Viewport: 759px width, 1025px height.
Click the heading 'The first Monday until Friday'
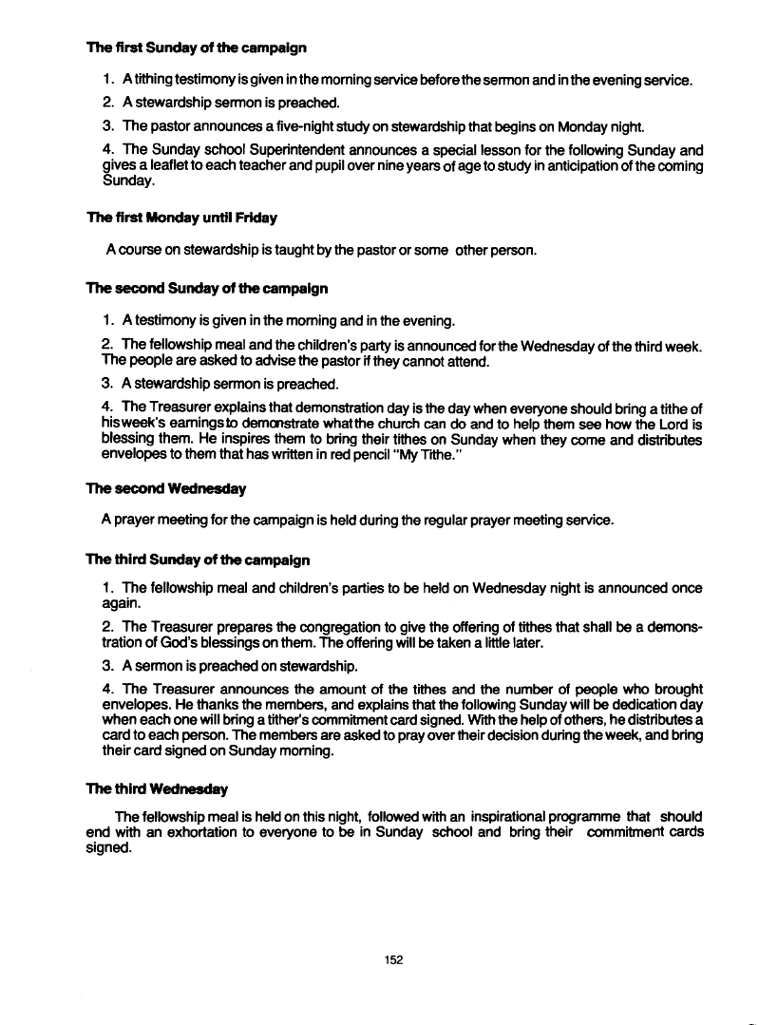181,218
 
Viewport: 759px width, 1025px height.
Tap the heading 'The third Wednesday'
157,788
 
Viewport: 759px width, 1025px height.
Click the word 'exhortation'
186,832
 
